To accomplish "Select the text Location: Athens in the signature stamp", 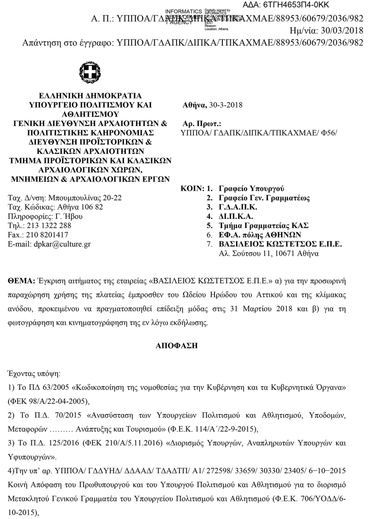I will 216,30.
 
